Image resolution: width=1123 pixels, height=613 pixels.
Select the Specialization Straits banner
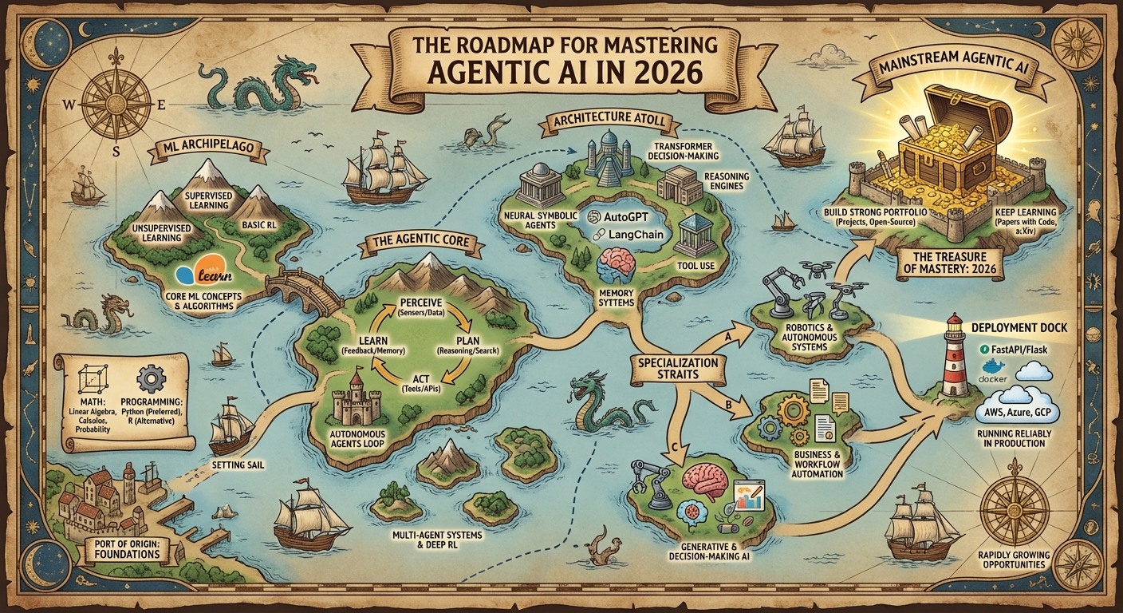[x=678, y=369]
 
